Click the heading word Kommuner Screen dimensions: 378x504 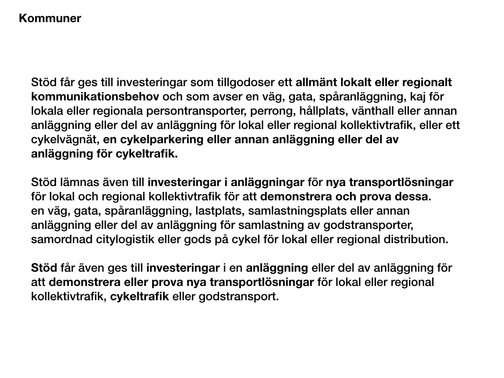pos(50,19)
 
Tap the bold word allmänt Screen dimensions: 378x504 pos(315,82)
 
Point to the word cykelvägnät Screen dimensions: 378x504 pos(64,139)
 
